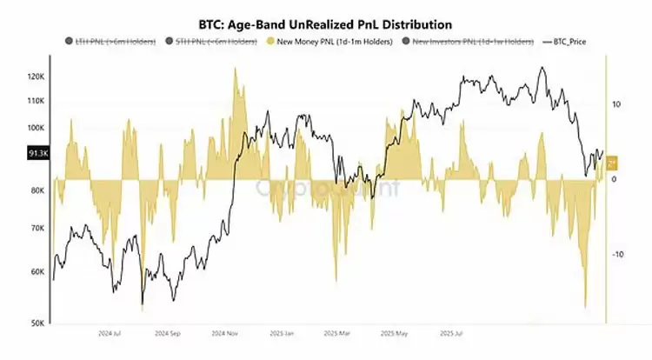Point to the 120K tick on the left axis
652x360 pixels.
(x=36, y=77)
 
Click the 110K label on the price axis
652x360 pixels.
(x=36, y=101)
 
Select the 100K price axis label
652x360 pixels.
(x=36, y=128)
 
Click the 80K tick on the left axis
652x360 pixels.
(x=37, y=190)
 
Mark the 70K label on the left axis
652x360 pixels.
(x=37, y=229)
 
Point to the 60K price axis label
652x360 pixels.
(x=37, y=271)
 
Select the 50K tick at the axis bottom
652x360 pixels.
(x=37, y=323)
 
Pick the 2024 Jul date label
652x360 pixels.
(x=110, y=333)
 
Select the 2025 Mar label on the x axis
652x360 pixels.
(x=336, y=333)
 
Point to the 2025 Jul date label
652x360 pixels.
(x=449, y=333)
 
